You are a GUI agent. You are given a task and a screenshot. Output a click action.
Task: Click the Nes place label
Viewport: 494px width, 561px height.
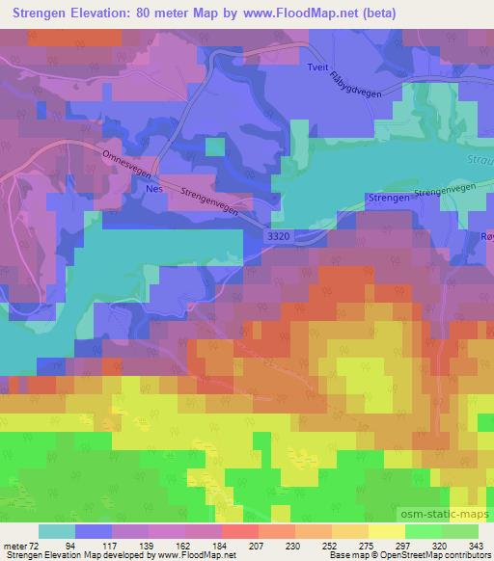coord(152,191)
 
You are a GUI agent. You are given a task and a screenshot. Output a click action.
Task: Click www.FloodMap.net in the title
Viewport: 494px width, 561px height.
coord(297,13)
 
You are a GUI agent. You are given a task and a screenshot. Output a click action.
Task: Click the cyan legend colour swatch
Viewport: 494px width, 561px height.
coord(56,531)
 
